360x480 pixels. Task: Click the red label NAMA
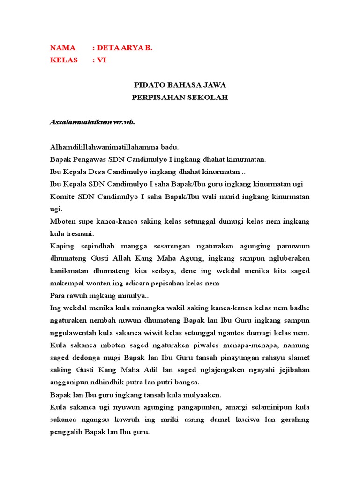coord(62,48)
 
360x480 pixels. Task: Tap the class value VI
coord(102,60)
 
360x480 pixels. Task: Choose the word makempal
coord(67,283)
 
